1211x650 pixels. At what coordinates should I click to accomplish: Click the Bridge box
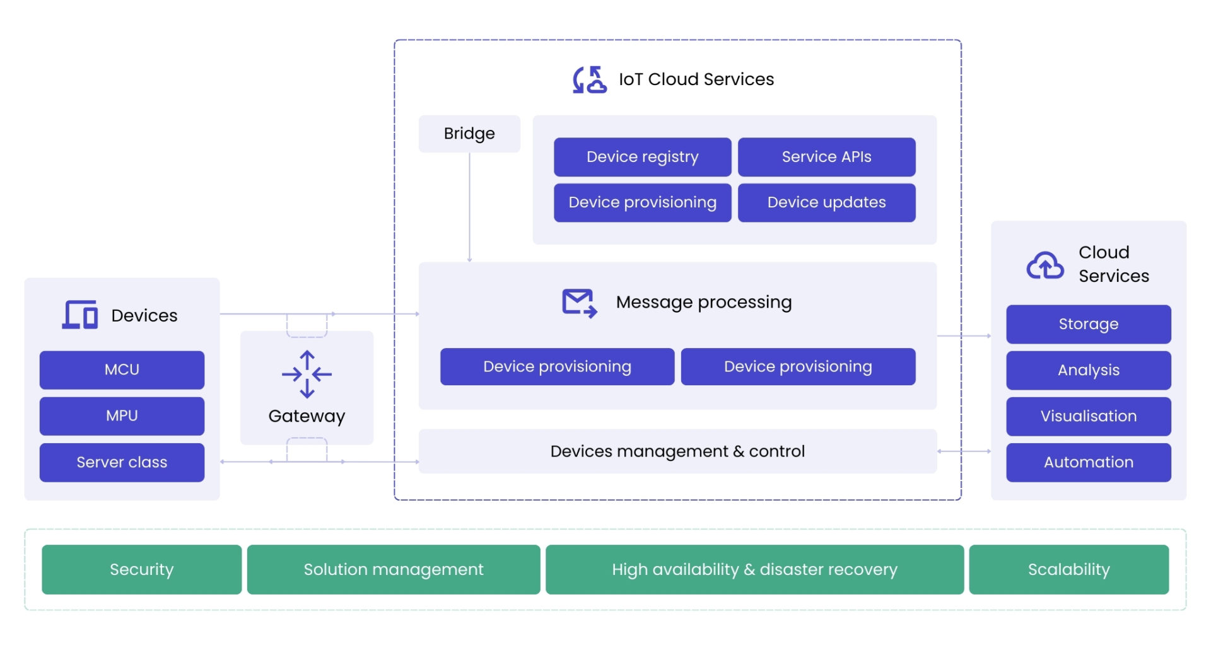(x=469, y=134)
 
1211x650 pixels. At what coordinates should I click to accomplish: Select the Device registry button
(x=642, y=157)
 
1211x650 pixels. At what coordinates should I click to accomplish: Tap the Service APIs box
(x=826, y=157)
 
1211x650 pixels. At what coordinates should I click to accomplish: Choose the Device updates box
(x=826, y=202)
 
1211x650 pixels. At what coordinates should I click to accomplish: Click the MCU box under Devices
(x=122, y=370)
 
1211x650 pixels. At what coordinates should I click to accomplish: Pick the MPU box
(x=122, y=416)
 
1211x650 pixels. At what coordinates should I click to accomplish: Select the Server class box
(x=122, y=462)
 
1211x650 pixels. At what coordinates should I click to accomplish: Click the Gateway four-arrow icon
(x=307, y=374)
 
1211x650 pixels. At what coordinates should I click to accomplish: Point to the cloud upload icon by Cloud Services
(x=1044, y=265)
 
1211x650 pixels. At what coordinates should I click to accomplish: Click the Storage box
(x=1088, y=324)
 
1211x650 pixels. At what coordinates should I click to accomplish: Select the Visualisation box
(x=1088, y=416)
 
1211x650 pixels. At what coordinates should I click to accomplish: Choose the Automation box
(x=1088, y=462)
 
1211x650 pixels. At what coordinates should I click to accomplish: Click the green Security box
(x=141, y=569)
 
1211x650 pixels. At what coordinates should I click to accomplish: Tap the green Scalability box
(x=1068, y=569)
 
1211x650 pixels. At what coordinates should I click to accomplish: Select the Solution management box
(x=393, y=569)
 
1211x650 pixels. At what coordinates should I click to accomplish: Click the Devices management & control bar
(x=677, y=451)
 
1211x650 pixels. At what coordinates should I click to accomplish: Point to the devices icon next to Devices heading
(x=80, y=315)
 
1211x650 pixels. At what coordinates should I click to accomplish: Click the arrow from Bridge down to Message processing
(x=469, y=208)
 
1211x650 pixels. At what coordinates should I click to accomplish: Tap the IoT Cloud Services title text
(x=696, y=79)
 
